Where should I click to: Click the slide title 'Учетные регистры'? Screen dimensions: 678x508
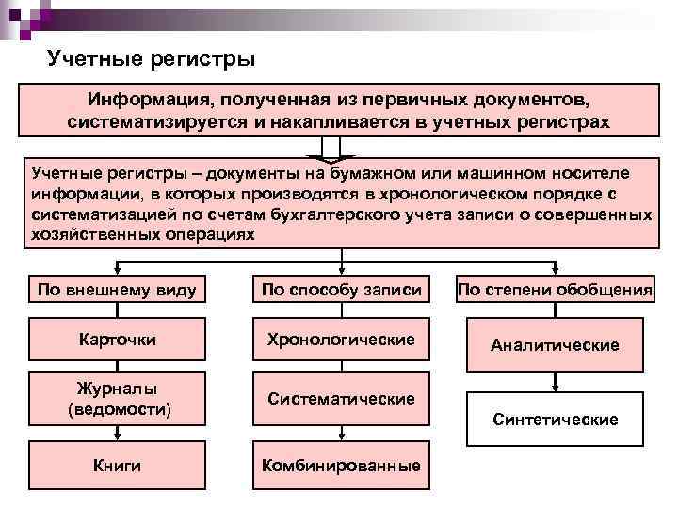point(152,60)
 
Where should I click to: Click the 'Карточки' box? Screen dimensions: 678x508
point(118,340)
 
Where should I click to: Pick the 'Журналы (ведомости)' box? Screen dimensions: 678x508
point(118,398)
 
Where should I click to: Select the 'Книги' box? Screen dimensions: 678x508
point(118,465)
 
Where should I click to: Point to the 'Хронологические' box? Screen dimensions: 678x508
point(341,339)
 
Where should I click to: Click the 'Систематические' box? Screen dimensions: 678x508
point(341,399)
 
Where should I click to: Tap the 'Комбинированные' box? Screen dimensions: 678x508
point(341,466)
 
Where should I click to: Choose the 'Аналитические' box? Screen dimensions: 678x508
point(556,345)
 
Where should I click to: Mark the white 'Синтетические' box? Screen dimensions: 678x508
point(556,419)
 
